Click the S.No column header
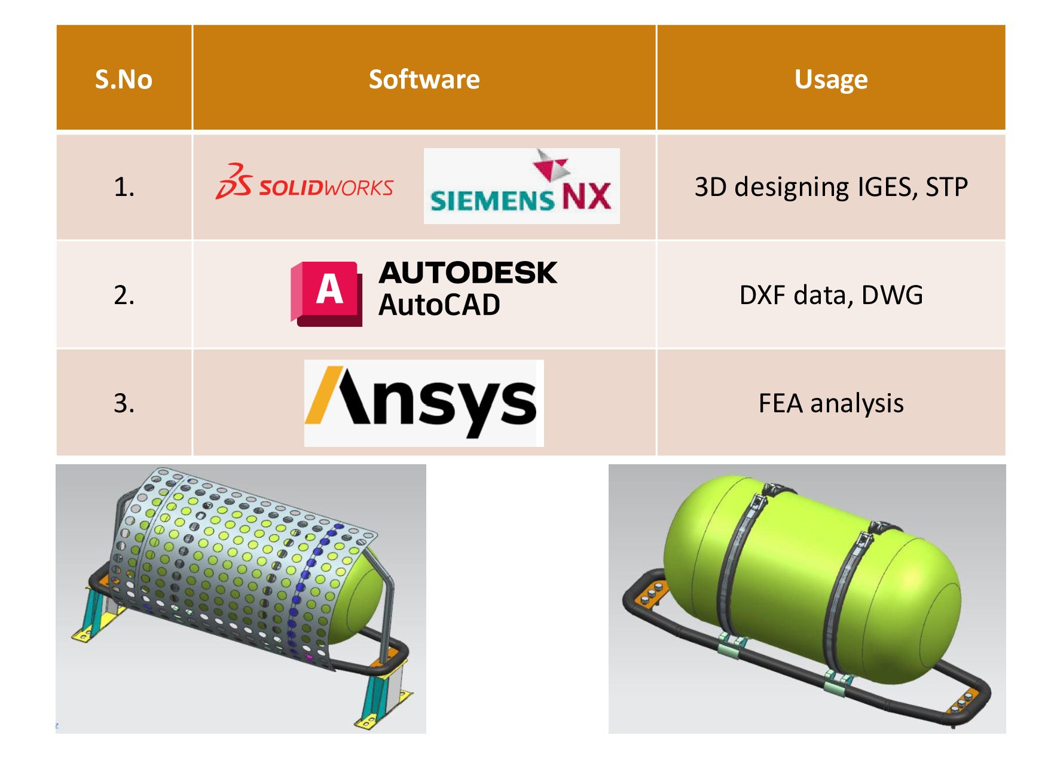point(124,79)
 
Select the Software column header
point(424,79)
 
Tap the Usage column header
point(830,79)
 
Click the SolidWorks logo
point(304,182)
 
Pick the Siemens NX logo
point(521,186)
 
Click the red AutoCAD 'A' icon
point(328,293)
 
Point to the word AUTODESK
point(468,273)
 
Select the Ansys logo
point(423,403)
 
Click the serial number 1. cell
point(124,188)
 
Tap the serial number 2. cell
point(124,295)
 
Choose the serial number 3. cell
point(124,403)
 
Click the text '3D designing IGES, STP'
point(830,188)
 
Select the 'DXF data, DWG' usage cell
point(830,295)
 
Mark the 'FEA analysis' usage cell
point(830,403)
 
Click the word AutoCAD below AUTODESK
point(439,305)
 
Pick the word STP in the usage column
point(946,188)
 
